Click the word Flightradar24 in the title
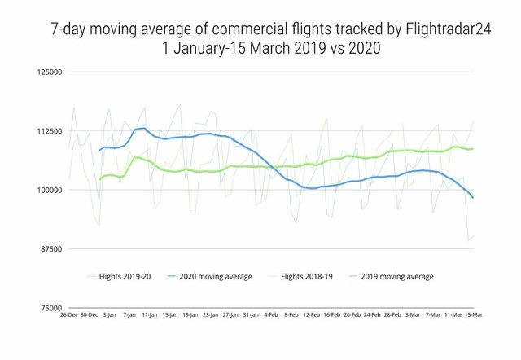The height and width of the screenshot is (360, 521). click(448, 29)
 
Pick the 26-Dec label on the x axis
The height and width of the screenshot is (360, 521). click(68, 314)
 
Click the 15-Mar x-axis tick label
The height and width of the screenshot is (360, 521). click(473, 314)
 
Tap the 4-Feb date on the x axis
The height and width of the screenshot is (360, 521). click(271, 314)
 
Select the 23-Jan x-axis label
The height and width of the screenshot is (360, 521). click(211, 314)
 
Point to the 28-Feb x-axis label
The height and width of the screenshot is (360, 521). click(392, 314)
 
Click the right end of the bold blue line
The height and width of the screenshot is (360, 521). click(473, 198)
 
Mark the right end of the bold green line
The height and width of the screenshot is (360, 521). click(473, 148)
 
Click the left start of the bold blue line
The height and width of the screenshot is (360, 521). click(99, 150)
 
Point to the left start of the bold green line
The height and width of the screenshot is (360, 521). click(99, 180)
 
